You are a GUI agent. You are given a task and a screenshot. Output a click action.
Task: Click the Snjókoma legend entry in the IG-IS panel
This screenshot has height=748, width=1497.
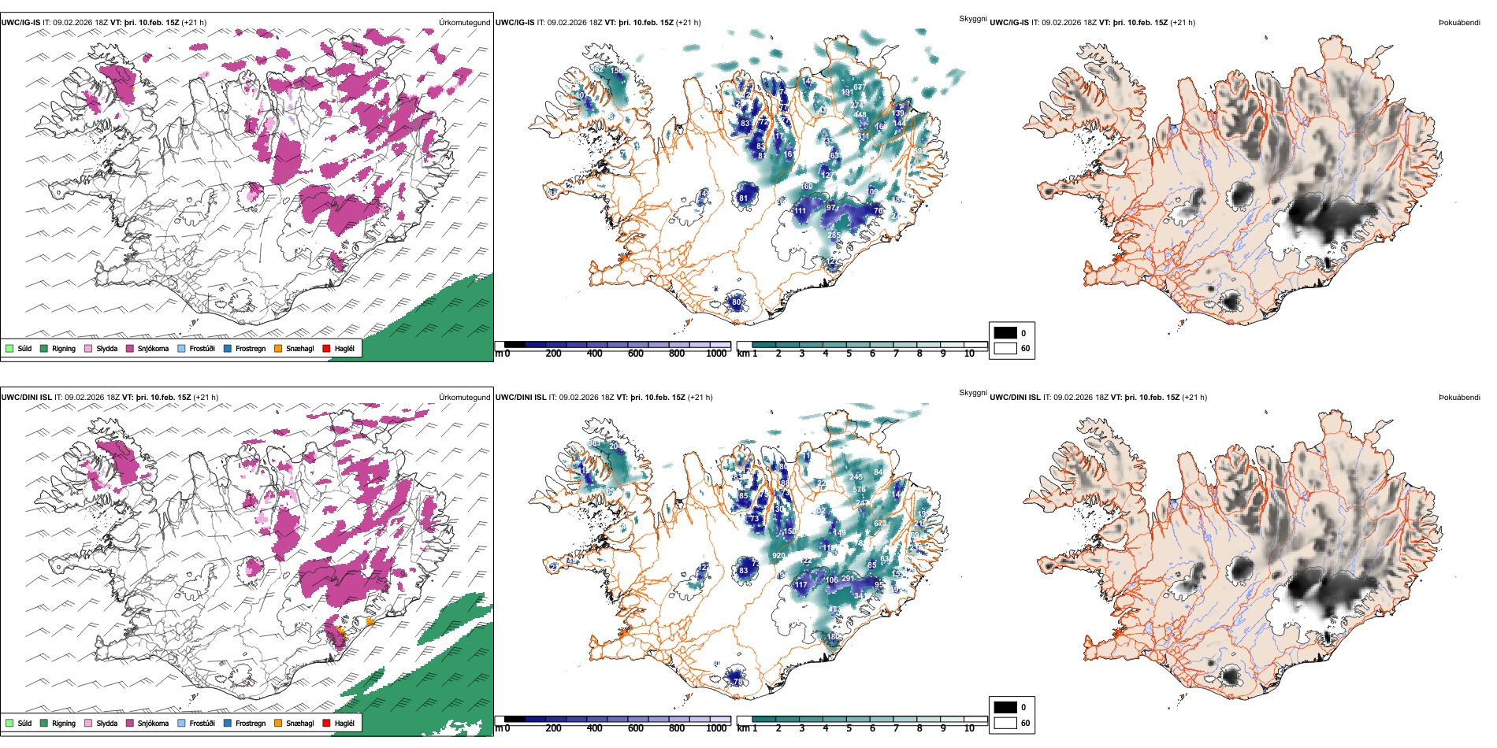pos(153,348)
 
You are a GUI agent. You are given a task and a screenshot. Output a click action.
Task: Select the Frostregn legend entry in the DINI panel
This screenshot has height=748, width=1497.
pos(250,723)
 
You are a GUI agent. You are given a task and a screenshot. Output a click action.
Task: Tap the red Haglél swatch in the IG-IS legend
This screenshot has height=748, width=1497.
pos(326,348)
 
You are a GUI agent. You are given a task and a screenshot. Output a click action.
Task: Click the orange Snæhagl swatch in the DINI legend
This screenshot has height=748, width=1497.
pos(278,723)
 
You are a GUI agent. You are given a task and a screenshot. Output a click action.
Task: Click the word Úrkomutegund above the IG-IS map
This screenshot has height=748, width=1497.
pos(464,22)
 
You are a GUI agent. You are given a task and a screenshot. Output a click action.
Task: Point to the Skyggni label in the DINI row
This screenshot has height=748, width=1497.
pos(972,392)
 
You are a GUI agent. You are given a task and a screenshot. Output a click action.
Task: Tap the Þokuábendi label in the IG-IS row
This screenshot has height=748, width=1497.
pos(1459,22)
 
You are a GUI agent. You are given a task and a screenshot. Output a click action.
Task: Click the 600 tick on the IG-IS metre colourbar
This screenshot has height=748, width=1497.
pos(635,354)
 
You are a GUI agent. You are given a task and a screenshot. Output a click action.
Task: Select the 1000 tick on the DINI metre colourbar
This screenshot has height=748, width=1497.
pos(716,728)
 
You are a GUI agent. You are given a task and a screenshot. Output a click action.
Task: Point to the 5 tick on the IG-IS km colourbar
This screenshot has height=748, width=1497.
pos(849,354)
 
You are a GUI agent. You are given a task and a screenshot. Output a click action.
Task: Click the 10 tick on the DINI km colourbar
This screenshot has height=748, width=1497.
pos(969,728)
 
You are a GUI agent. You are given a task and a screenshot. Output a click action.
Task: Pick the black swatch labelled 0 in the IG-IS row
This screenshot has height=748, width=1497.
pos(1005,333)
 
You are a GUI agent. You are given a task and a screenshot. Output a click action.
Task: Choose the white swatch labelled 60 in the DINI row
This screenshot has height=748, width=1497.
pos(1005,723)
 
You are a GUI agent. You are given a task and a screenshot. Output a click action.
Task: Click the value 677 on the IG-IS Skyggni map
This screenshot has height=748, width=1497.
pos(859,87)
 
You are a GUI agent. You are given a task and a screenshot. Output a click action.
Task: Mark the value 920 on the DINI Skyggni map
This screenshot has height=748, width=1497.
pos(778,556)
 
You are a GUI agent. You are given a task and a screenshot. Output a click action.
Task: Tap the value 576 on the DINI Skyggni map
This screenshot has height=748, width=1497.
pos(860,490)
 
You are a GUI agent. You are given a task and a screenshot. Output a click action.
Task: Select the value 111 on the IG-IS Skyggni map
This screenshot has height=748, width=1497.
pos(801,211)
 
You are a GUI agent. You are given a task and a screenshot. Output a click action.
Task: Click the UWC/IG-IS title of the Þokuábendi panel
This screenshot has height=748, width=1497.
pos(1009,22)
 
